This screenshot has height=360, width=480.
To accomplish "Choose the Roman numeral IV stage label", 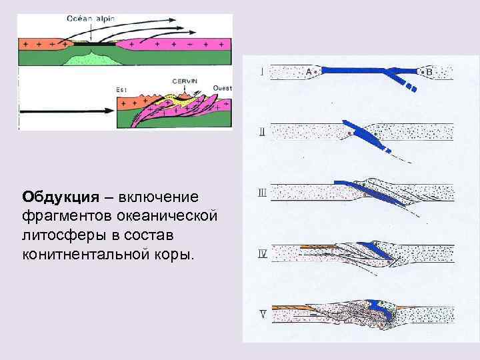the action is (x=263, y=254).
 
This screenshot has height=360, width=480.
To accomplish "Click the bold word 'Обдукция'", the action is (x=59, y=197).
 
